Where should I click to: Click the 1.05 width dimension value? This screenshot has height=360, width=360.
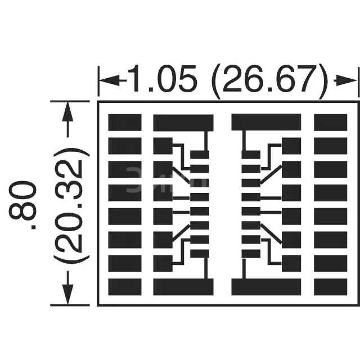(163, 79)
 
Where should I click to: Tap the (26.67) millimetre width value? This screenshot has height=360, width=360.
(269, 81)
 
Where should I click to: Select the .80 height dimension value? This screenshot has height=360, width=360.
(22, 205)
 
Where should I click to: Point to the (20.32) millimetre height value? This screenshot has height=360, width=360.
(71, 206)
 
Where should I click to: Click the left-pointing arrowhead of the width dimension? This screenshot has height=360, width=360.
(110, 80)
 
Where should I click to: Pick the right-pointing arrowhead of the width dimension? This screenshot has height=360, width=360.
(346, 80)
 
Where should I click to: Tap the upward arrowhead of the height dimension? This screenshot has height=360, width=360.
(67, 112)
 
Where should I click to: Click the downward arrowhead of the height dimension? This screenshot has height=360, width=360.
(67, 294)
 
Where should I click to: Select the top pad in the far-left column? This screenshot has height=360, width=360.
(125, 123)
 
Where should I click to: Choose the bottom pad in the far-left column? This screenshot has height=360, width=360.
(125, 287)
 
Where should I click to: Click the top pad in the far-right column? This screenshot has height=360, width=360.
(331, 123)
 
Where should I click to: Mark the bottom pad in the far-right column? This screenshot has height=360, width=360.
(331, 287)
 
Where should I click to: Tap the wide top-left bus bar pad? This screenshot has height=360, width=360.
(183, 123)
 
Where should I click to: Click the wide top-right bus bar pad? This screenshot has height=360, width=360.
(266, 122)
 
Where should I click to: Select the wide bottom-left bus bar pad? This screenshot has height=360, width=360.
(183, 287)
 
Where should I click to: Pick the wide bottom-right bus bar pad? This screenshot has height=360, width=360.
(266, 287)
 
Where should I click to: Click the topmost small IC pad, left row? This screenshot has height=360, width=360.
(200, 155)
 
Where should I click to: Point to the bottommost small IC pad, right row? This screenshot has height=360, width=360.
(251, 254)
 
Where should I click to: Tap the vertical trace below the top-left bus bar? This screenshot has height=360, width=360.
(206, 141)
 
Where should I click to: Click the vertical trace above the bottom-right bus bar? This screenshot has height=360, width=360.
(244, 269)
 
